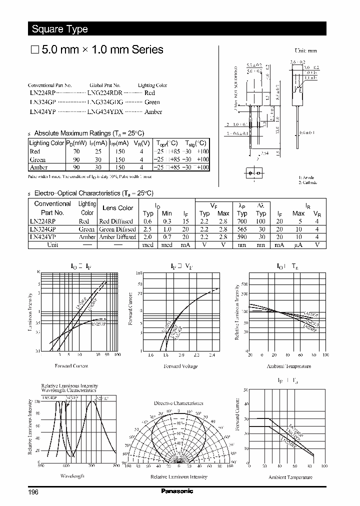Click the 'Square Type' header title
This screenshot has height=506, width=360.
pos(59,29)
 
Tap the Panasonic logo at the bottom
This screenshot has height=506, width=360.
pos(176,491)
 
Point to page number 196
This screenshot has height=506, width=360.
pos(33,492)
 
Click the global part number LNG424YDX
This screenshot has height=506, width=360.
pos(105,111)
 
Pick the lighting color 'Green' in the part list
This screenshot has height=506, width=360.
pos(152,102)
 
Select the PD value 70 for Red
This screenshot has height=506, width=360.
pos(76,151)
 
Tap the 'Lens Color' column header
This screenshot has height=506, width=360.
pos(117,208)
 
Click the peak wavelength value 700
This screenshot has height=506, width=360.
pos(242,221)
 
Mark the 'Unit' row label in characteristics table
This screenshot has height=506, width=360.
pos(52,245)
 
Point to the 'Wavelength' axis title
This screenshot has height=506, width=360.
pos(72,476)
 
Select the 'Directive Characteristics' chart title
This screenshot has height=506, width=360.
pos(178,402)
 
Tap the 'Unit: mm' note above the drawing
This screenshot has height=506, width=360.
pos(306,50)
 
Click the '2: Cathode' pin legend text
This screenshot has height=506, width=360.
pos(308,182)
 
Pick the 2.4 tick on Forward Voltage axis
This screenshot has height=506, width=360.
pos(211,355)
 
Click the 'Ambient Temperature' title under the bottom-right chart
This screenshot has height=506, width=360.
pos(290,477)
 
